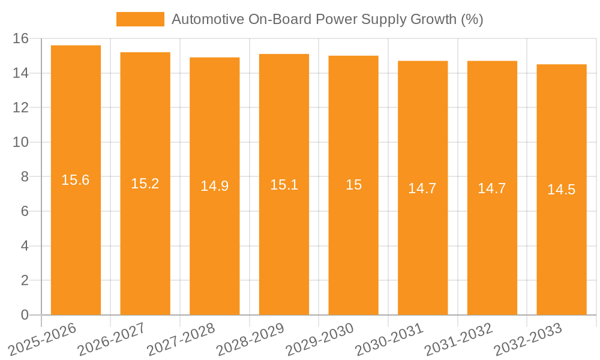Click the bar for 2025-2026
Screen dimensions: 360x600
76,180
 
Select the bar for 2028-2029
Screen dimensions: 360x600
284,184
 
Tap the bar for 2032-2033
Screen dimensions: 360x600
562,190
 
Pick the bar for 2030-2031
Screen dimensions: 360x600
422,188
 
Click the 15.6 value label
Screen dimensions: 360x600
76,180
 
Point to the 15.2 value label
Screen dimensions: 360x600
145,184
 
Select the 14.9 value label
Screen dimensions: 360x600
214,186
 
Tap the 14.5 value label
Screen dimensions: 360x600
562,190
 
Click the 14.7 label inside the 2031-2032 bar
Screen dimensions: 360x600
492,188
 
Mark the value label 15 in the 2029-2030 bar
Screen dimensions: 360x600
353,185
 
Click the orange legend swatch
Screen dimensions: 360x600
140,19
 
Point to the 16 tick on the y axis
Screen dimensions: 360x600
20,38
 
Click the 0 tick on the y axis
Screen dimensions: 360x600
25,315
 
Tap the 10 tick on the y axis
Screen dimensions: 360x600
20,142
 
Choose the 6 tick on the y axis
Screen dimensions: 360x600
25,211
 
